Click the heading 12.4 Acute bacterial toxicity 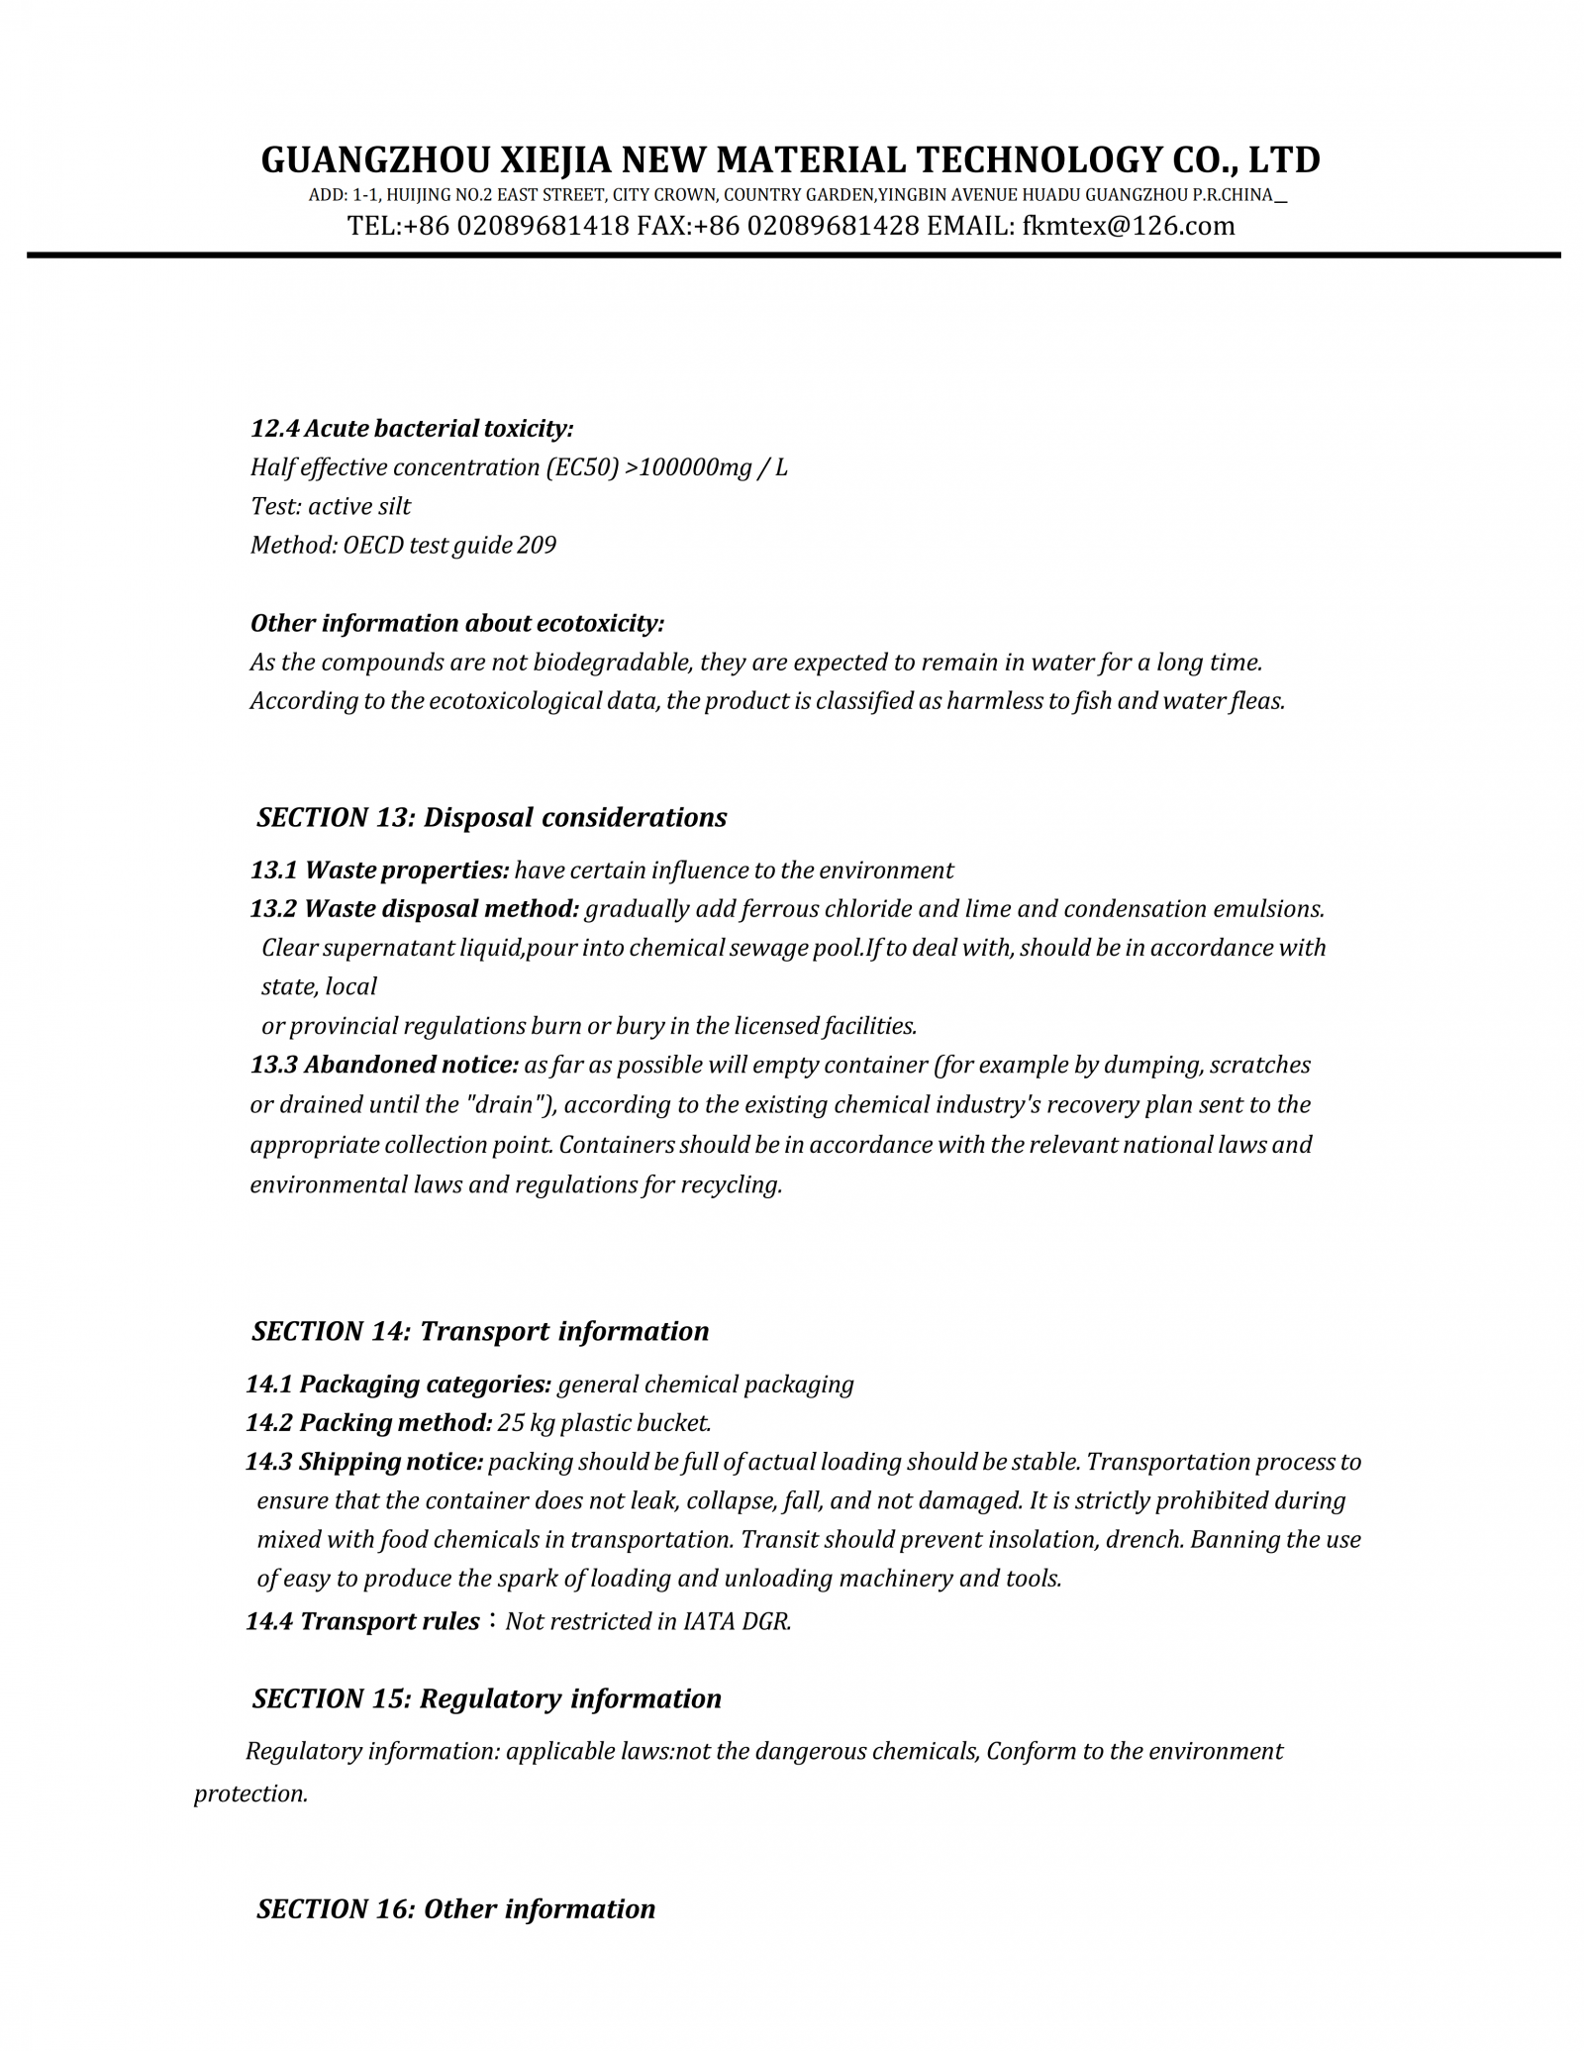click(412, 429)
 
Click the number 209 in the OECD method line click(537, 545)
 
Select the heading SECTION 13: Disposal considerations click(491, 817)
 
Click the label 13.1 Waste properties click(380, 871)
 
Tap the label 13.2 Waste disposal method click(415, 909)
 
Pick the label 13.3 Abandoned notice click(384, 1065)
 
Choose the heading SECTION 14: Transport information click(480, 1331)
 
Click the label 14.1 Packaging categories click(399, 1384)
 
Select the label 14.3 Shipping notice click(365, 1462)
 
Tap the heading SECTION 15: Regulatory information click(487, 1698)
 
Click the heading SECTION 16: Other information click(456, 1908)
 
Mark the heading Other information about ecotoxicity click(457, 623)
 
